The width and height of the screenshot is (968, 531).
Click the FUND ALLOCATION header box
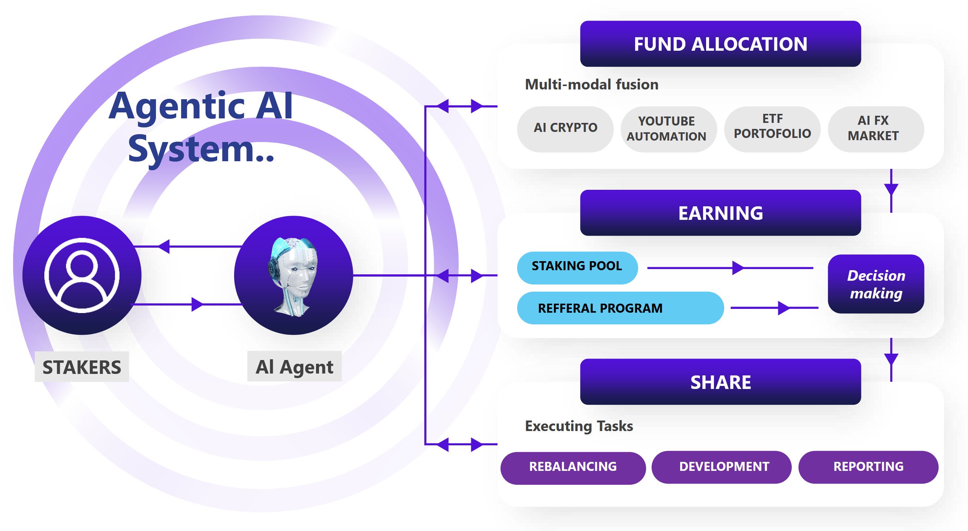click(720, 44)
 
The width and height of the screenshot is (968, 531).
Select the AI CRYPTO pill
click(565, 128)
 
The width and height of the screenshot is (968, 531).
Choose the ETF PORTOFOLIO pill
click(772, 127)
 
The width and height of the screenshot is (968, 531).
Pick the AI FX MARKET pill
click(873, 128)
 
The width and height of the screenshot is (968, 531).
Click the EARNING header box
click(720, 213)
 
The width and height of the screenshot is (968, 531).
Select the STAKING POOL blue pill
click(577, 266)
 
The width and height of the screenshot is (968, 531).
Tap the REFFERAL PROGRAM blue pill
click(620, 308)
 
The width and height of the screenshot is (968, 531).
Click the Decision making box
click(876, 284)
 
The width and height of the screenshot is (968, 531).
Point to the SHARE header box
click(720, 382)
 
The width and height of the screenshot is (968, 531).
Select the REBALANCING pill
click(573, 467)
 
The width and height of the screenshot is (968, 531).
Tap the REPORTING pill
click(868, 467)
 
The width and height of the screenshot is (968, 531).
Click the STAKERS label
click(82, 367)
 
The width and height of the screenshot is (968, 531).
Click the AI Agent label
click(294, 367)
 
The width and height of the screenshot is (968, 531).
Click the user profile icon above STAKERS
click(82, 275)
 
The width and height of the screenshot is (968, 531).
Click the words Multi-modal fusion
click(591, 85)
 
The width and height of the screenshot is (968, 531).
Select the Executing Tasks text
click(579, 426)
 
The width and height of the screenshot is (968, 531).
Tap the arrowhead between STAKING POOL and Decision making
click(737, 268)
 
